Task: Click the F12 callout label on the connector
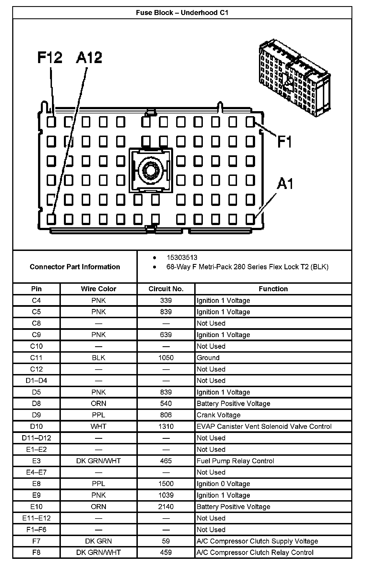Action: coord(50,58)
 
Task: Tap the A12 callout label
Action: coord(89,58)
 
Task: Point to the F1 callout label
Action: coord(285,142)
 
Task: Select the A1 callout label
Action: coord(285,184)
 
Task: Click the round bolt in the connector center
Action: coord(151,170)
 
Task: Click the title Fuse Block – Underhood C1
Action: coord(182,13)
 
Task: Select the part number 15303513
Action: coord(182,258)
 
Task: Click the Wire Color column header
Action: coord(98,289)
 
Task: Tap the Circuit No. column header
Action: coord(166,289)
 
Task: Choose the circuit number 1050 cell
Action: coord(166,358)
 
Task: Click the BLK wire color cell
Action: coord(98,358)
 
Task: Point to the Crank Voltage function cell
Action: coord(218,415)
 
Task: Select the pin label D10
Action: coord(36,426)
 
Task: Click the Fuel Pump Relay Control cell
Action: coord(235,461)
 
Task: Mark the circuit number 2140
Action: coord(166,507)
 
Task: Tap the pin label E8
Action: coord(36,484)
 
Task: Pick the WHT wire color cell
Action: coord(98,426)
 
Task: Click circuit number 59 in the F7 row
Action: coord(166,541)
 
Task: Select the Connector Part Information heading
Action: coord(75,267)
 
